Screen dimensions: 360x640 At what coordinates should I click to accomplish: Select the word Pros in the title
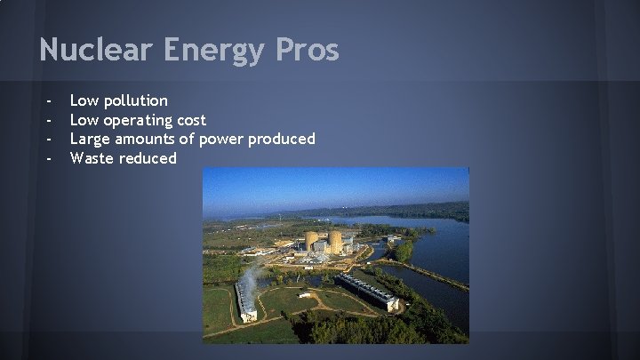tap(308, 50)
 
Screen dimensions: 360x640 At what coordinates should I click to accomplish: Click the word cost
tap(193, 120)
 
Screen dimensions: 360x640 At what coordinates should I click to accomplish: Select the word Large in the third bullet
tap(91, 139)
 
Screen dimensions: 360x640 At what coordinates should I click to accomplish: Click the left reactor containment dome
tap(313, 241)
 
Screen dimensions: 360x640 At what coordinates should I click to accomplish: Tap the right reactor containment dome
tap(334, 242)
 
